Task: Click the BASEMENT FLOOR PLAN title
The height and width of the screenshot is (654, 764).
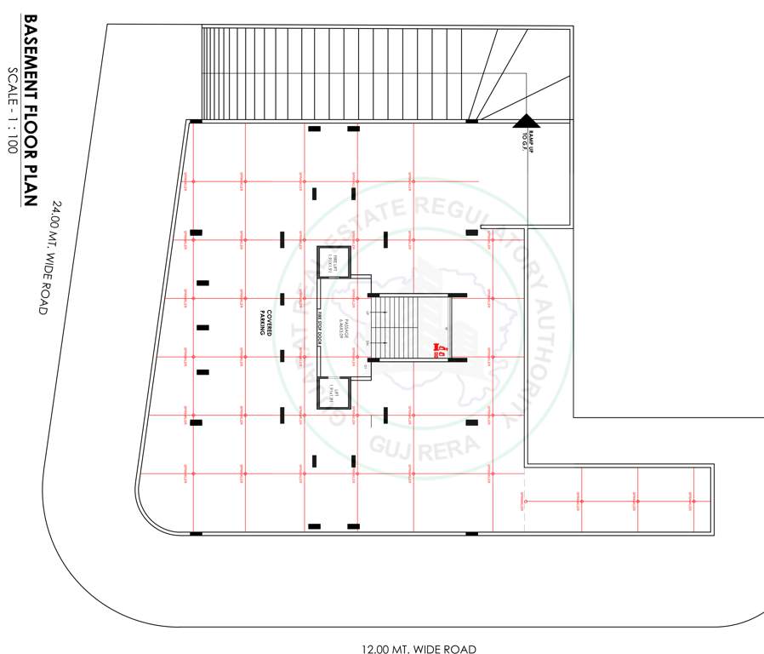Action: (x=30, y=111)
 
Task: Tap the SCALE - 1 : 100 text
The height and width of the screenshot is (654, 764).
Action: (x=13, y=110)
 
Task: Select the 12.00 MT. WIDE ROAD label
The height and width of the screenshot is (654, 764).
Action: (x=419, y=650)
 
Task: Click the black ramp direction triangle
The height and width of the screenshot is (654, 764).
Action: (x=527, y=123)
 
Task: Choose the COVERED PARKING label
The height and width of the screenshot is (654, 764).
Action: (x=265, y=322)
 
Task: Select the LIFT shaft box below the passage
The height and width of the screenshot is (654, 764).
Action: (x=334, y=392)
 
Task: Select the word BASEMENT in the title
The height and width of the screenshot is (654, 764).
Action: (x=30, y=55)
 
